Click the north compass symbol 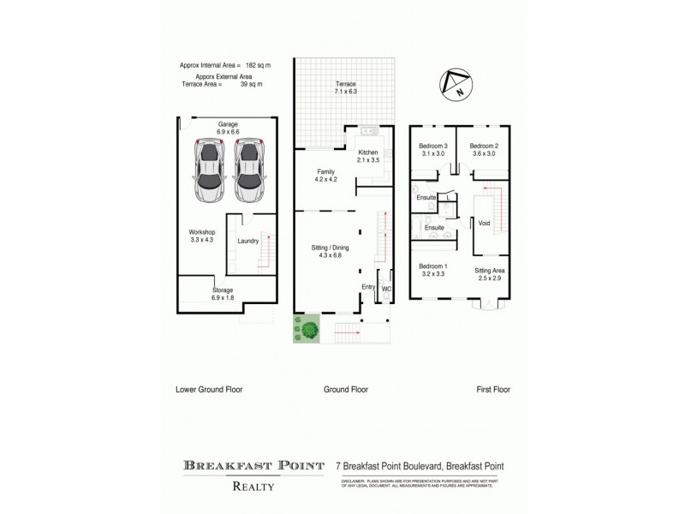tap(453, 84)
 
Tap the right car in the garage tap(250, 171)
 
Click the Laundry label tap(248, 242)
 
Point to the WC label tap(386, 289)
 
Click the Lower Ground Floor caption tap(209, 389)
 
